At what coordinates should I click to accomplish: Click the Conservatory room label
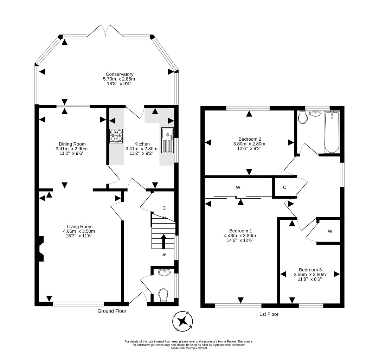120,74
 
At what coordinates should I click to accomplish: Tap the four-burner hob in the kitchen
116,136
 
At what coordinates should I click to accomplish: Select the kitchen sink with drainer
167,140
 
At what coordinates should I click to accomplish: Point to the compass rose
182,321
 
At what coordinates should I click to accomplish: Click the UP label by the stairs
163,255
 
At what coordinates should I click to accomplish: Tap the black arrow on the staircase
163,241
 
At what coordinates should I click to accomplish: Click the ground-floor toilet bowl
163,295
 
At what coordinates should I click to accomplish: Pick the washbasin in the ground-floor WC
165,272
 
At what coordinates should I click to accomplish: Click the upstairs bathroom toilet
303,117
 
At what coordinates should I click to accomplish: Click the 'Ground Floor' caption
112,311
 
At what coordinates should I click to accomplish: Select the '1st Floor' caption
269,314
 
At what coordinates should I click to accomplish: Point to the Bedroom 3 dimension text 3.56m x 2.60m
310,275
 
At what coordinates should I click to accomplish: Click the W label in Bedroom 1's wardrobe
238,187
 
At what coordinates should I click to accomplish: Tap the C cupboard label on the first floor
284,187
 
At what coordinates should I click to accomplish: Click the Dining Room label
72,144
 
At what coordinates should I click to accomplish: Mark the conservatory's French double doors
105,31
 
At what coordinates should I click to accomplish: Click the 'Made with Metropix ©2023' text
189,348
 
